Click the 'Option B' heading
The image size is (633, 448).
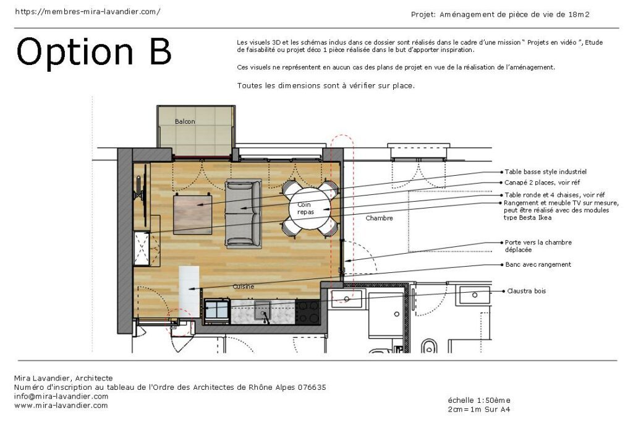pyautogui.click(x=93, y=52)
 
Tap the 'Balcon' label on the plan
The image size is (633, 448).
pyautogui.click(x=184, y=122)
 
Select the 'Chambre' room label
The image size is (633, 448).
pyautogui.click(x=379, y=218)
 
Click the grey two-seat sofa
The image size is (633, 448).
pyautogui.click(x=243, y=213)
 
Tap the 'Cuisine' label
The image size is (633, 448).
pyautogui.click(x=243, y=286)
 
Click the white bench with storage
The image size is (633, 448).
pyautogui.click(x=189, y=290)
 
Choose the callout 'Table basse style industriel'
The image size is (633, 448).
pyautogui.click(x=545, y=171)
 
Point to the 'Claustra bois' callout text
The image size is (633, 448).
pyautogui.click(x=527, y=291)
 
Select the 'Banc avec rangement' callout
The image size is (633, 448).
pyautogui.click(x=538, y=265)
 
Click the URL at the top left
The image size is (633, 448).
pyautogui.click(x=87, y=12)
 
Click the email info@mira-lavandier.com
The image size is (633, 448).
pyautogui.click(x=61, y=397)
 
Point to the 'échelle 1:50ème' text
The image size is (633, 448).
pyautogui.click(x=479, y=400)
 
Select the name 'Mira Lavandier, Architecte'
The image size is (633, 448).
pyautogui.click(x=63, y=378)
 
